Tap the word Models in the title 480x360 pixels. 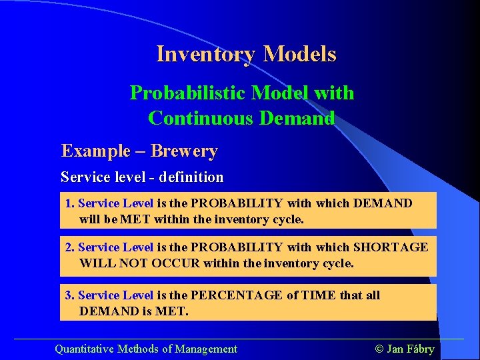pyautogui.click(x=299, y=54)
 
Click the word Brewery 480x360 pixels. pyautogui.click(x=184, y=151)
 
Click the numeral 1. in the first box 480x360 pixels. pyautogui.click(x=70, y=203)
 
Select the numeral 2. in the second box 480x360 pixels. pyautogui.click(x=70, y=247)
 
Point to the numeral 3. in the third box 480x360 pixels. pyautogui.click(x=70, y=295)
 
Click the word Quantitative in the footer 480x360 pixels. pyautogui.click(x=85, y=349)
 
